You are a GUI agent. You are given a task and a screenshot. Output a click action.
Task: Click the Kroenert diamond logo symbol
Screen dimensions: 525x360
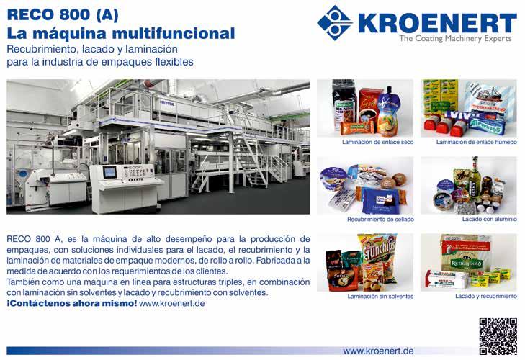coord(334,23)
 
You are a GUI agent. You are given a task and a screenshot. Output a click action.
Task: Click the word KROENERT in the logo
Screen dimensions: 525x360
coord(437,23)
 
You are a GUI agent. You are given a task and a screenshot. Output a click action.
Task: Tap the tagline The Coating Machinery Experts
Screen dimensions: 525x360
coord(455,38)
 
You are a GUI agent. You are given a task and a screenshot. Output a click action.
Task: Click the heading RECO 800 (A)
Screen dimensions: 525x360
coord(63,14)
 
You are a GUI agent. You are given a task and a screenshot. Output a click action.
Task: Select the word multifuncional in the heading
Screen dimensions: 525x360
coord(173,34)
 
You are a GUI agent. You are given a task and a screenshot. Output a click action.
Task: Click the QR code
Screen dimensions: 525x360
coord(498,336)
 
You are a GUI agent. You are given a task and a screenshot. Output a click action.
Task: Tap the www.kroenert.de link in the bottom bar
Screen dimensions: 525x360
coord(378,351)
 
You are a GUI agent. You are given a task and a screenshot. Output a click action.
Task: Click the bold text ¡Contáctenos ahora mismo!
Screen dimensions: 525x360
coord(71,303)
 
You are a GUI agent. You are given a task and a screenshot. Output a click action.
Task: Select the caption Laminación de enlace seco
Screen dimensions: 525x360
coord(377,142)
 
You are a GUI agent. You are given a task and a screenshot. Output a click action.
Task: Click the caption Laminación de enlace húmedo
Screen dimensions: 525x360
coord(477,142)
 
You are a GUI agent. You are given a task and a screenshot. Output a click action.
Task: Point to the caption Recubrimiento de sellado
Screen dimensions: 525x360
coord(380,220)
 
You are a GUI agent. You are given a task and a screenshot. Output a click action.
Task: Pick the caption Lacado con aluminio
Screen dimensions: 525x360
coord(490,219)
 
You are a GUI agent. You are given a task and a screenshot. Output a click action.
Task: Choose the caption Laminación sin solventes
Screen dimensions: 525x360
coord(380,297)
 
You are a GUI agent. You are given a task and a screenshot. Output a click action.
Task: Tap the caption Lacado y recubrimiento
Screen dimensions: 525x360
coord(486,297)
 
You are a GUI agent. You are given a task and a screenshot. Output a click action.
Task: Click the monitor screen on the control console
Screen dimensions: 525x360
coord(109,173)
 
